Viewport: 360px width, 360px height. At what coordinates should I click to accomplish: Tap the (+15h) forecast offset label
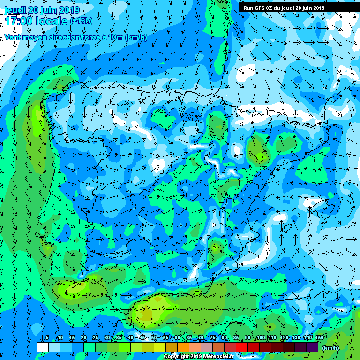click(81, 21)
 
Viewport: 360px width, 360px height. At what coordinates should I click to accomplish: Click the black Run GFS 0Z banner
click(284, 7)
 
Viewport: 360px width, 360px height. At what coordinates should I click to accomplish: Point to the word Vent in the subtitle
click(13, 37)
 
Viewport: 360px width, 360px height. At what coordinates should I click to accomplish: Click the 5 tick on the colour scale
click(47, 338)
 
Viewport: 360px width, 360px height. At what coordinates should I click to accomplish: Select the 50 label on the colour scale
click(154, 338)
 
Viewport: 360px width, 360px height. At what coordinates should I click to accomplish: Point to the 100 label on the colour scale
click(260, 338)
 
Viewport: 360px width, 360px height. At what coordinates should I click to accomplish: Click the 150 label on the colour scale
click(319, 338)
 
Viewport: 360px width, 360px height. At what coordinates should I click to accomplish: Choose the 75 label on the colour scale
click(213, 338)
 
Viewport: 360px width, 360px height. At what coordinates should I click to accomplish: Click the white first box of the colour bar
click(42, 347)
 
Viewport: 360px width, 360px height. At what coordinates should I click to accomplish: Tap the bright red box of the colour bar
click(242, 347)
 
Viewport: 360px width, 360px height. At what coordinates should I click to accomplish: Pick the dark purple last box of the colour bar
click(312, 347)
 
